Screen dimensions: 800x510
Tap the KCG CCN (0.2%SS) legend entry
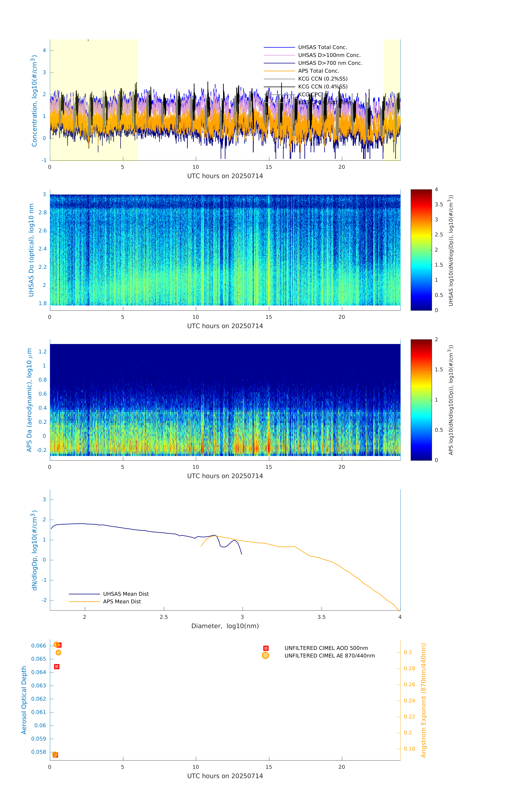[323, 79]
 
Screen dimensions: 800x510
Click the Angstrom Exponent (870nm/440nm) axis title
[423, 700]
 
